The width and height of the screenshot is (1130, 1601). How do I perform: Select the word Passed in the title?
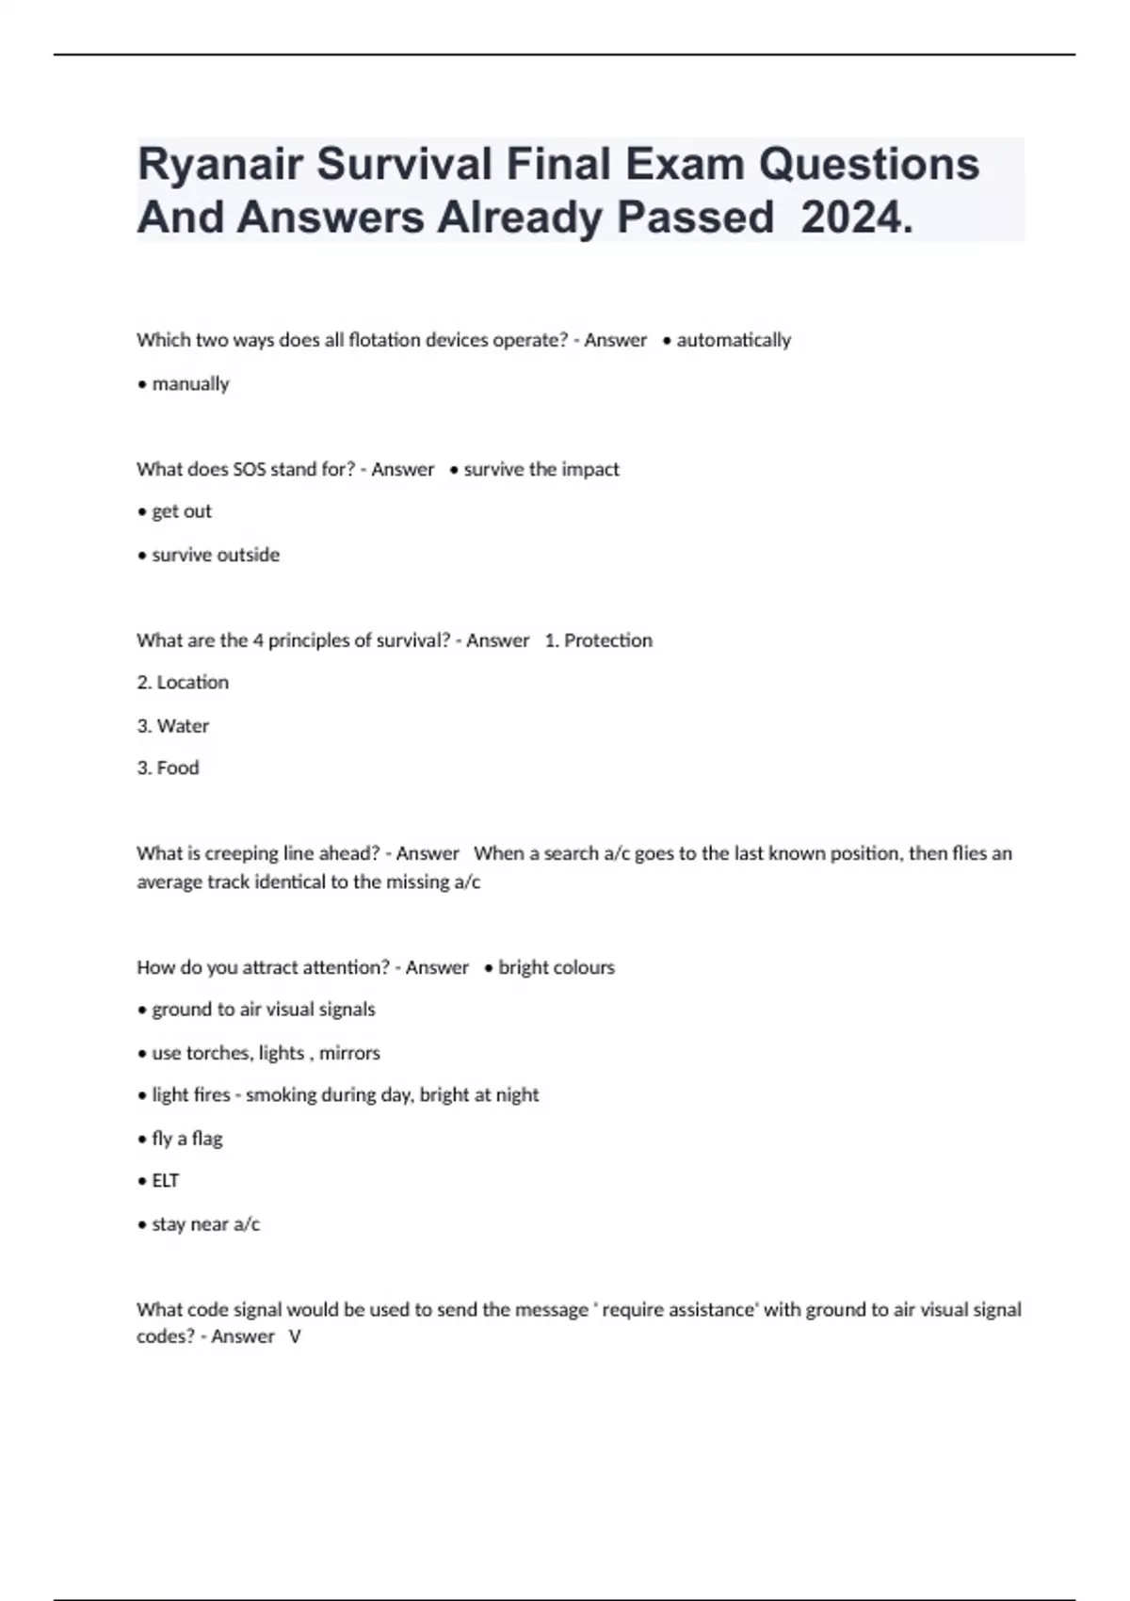click(x=695, y=218)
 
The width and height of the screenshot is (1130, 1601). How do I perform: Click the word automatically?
click(x=734, y=340)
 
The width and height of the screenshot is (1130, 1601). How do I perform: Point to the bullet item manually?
click(x=190, y=383)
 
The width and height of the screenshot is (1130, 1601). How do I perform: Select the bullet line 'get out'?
click(x=182, y=511)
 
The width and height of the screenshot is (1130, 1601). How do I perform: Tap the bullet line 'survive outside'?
click(x=216, y=555)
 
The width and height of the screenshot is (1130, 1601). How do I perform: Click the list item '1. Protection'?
click(x=599, y=640)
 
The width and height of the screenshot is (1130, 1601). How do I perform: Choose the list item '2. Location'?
click(x=183, y=682)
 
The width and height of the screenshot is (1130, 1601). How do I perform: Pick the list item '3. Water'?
click(x=173, y=725)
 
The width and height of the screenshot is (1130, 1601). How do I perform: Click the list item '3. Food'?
click(x=169, y=768)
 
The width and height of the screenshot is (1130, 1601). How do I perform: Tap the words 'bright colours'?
click(x=557, y=967)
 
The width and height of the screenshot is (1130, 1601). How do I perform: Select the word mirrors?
click(x=349, y=1053)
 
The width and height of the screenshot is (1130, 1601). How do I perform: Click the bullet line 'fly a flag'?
click(x=186, y=1138)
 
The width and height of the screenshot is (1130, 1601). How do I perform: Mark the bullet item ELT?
click(x=165, y=1180)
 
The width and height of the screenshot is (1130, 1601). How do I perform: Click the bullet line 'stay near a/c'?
click(x=205, y=1223)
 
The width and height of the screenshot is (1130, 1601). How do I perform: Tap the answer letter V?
click(x=295, y=1336)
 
